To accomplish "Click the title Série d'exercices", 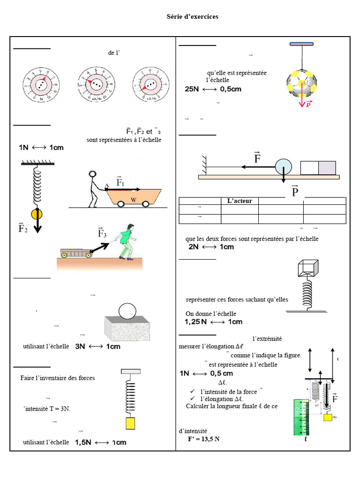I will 193,17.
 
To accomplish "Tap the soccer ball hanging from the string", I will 302,84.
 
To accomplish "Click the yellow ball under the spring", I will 37,215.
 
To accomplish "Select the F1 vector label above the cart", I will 120,182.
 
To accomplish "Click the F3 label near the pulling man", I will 102,232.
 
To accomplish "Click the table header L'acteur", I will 240,201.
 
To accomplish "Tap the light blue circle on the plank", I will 283,167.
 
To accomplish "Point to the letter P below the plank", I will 294,192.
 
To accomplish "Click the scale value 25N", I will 192,89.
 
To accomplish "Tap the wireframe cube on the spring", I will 307,268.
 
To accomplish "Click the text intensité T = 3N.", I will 47,409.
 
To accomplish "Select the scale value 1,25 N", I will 195,322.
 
